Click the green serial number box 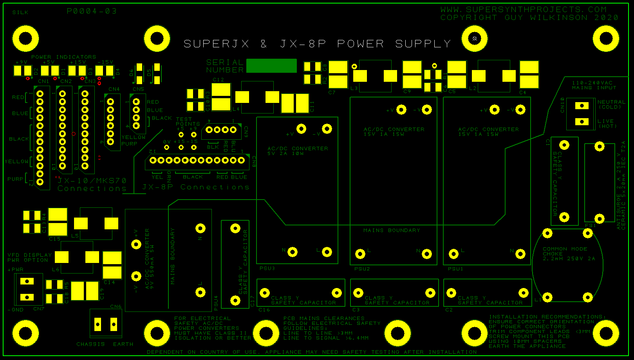271,66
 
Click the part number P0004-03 92,11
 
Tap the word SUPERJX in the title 217,44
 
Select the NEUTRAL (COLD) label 611,104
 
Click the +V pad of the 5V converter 301,128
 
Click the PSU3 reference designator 267,268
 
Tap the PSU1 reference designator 455,269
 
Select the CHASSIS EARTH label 105,344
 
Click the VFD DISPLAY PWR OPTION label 30,257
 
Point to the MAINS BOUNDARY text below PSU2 391,230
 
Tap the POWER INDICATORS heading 64,57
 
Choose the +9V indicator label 22,62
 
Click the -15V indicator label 105,62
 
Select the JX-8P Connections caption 196,187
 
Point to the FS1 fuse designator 590,225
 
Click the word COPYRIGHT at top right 468,18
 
